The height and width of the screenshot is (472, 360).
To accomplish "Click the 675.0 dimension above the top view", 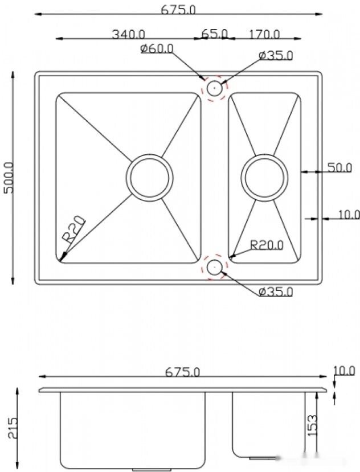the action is coord(178,10).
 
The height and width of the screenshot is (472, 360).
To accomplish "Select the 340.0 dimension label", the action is coord(128,34).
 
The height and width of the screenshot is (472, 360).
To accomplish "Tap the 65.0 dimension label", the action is coord(214,34).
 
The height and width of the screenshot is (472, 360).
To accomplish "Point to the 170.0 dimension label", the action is coord(264,34).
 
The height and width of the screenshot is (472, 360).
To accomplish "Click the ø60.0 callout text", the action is coord(157,48).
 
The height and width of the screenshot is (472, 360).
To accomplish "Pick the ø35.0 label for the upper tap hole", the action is coord(275,55).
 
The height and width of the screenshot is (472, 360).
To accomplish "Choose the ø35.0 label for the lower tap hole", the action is coord(275,292).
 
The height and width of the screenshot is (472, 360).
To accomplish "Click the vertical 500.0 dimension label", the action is coord(9,178).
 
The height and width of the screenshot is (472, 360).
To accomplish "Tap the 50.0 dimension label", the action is coord(339,167).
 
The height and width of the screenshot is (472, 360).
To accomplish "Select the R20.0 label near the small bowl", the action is coord(267,245).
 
